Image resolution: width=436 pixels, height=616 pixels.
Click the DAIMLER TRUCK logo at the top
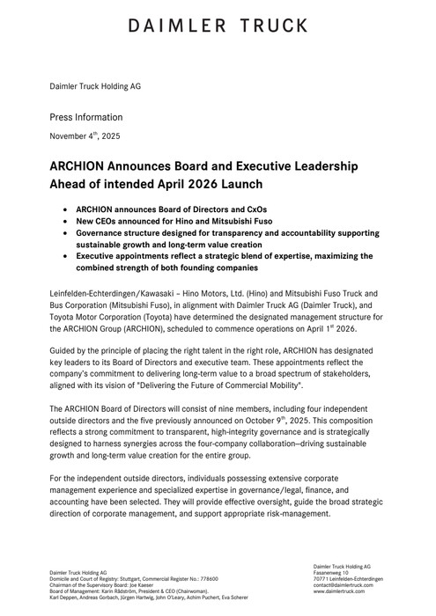point(218,27)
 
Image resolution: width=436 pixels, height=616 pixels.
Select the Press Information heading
point(85,117)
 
